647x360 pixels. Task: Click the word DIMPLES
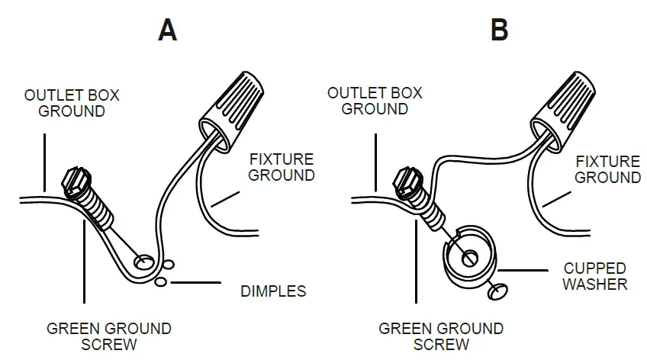click(272, 291)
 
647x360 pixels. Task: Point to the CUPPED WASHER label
click(595, 276)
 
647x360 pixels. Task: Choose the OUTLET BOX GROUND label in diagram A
click(72, 104)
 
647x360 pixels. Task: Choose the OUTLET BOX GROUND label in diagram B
click(374, 101)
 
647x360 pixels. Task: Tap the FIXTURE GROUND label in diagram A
click(282, 167)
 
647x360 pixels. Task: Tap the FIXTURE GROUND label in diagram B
click(607, 169)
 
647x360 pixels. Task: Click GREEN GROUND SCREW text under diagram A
click(108, 336)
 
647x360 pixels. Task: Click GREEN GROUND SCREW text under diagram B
click(441, 336)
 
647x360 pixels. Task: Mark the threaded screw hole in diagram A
click(142, 262)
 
